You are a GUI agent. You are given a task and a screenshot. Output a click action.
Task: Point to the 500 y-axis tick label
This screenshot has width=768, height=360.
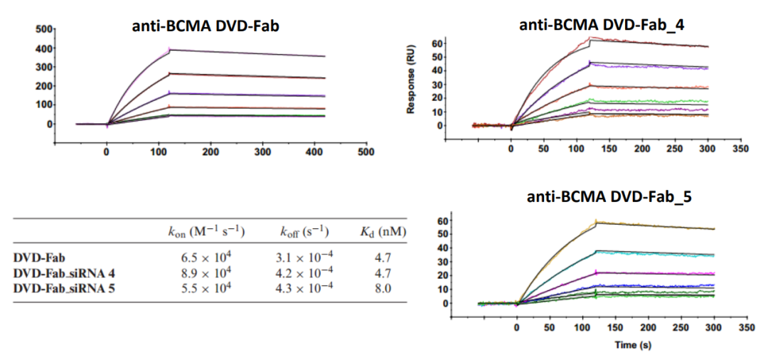[44, 30]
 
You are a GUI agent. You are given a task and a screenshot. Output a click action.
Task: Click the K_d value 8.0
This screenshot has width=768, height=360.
[383, 286]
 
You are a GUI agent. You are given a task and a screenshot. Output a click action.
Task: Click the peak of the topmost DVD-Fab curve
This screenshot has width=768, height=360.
[169, 49]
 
